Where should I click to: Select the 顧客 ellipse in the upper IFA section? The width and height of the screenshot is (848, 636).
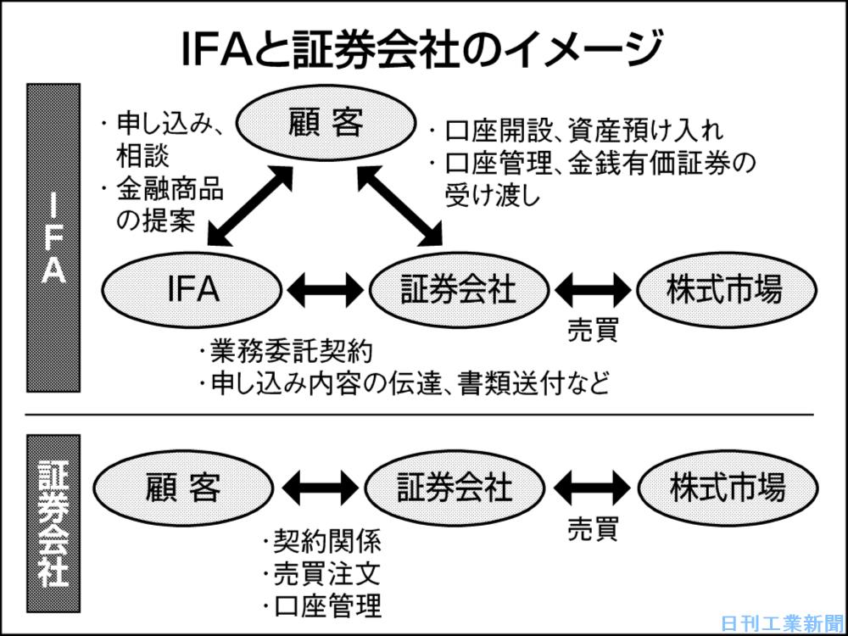[x=324, y=125]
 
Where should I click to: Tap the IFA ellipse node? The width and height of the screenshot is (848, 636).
[x=192, y=290]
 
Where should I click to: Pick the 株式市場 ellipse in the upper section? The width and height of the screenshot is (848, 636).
[x=725, y=290]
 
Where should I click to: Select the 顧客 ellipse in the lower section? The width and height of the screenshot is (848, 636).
[x=183, y=488]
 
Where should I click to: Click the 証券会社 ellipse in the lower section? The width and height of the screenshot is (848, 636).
[x=455, y=488]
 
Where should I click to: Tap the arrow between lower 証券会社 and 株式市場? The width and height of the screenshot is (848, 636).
[x=592, y=488]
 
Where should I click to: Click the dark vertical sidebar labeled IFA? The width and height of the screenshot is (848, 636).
[x=53, y=237]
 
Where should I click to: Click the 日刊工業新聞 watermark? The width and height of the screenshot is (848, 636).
[x=782, y=622]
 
